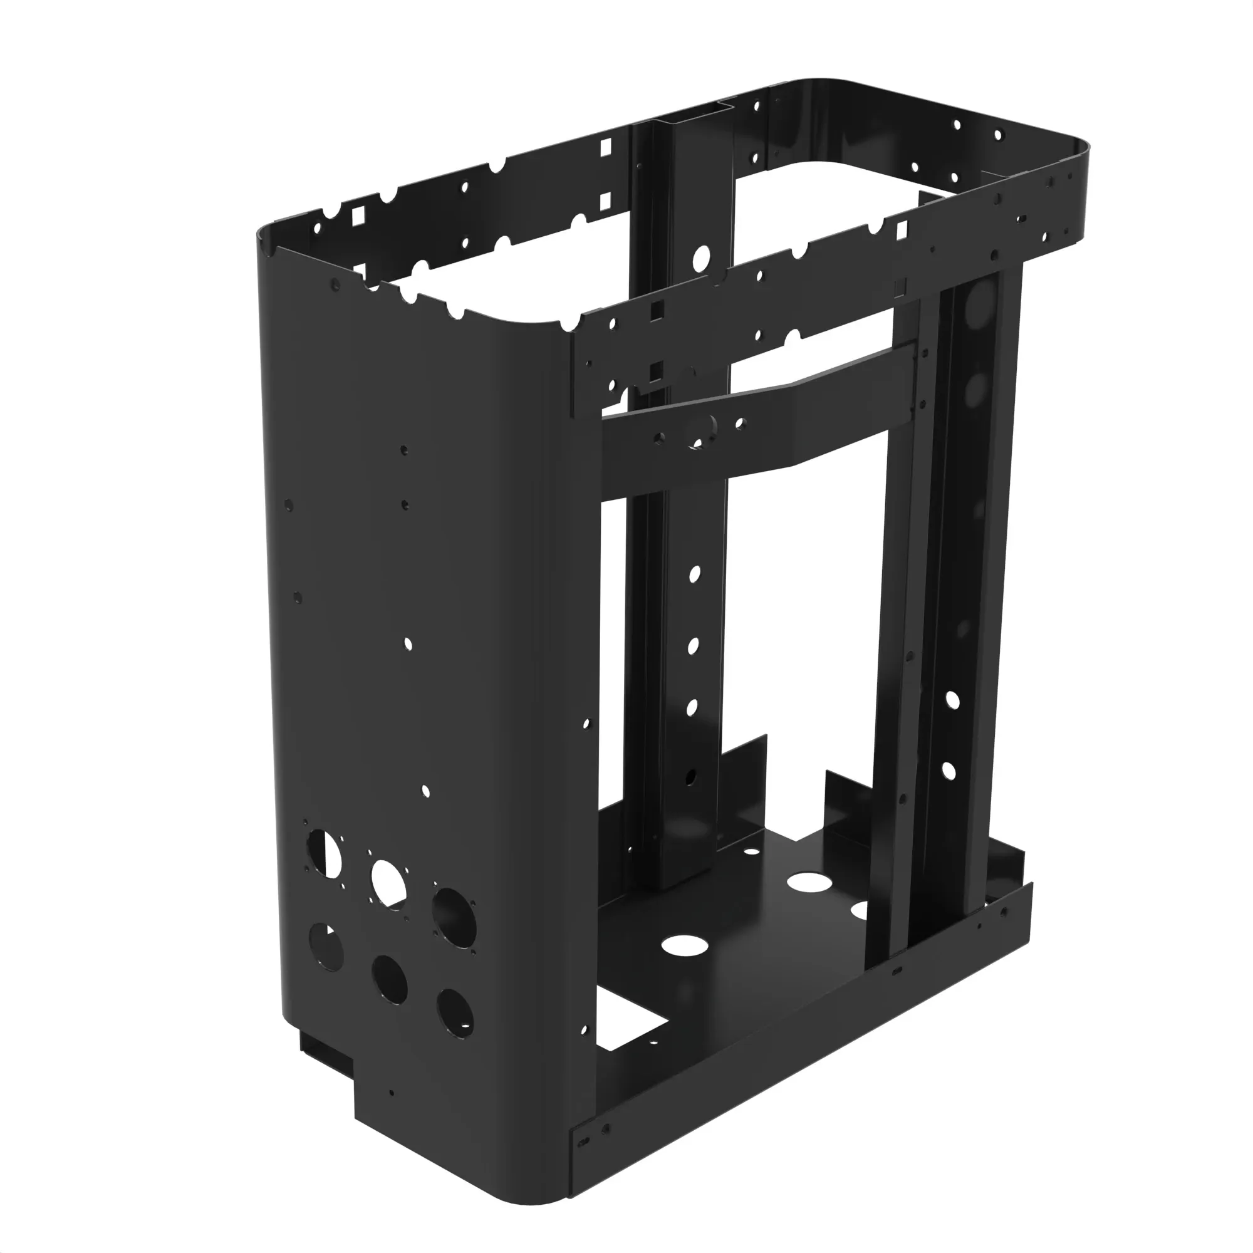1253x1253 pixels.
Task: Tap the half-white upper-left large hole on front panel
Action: (324, 851)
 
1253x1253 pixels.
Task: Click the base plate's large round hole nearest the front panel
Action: (685, 945)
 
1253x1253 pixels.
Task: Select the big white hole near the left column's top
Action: (701, 258)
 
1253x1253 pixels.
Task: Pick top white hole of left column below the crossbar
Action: (695, 573)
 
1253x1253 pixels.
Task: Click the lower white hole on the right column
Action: (948, 771)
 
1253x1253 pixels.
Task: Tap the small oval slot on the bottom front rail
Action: (897, 971)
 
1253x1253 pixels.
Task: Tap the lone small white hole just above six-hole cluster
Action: (425, 791)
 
